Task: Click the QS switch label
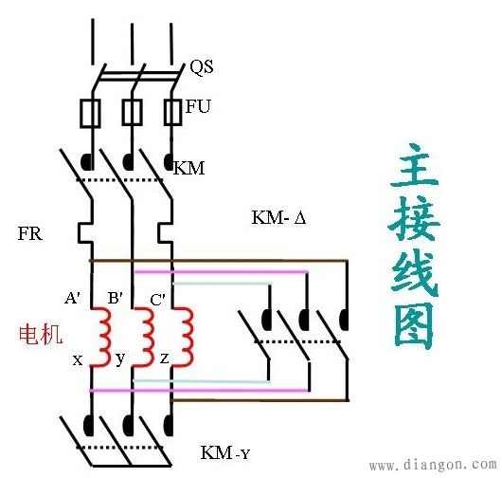[201, 67]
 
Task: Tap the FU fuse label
[198, 107]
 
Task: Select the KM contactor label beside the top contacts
[189, 169]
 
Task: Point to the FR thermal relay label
[29, 233]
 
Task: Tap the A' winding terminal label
[73, 298]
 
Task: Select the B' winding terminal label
[116, 298]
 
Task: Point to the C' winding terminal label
[158, 299]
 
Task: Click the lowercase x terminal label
[78, 360]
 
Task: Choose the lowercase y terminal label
[120, 361]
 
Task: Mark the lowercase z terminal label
[164, 360]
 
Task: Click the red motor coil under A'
[99, 331]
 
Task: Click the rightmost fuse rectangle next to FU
[172, 112]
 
